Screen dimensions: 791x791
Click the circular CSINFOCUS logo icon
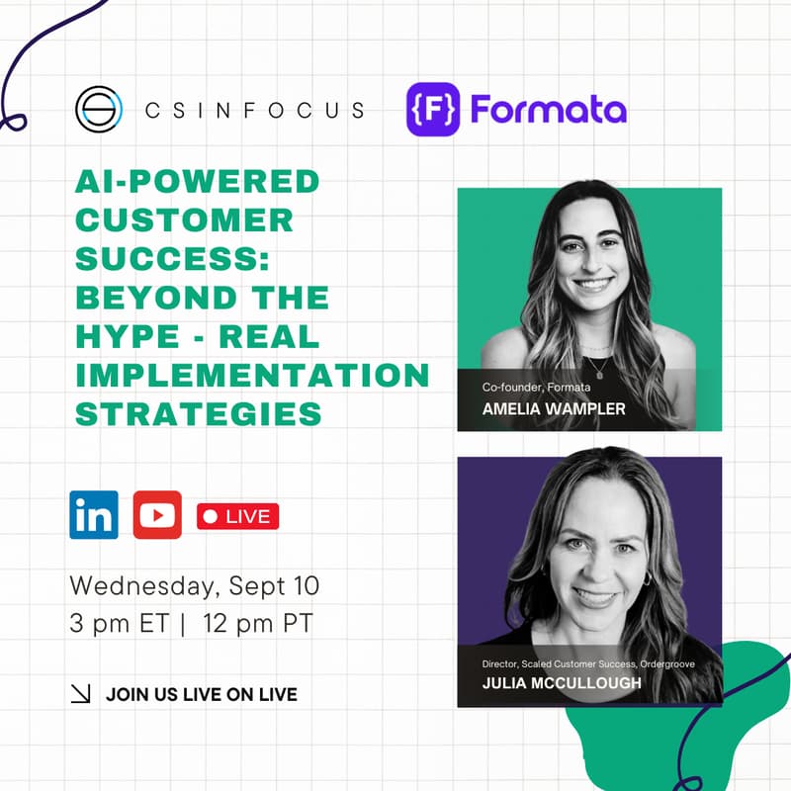pyautogui.click(x=98, y=110)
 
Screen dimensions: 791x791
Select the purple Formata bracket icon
pyautogui.click(x=433, y=109)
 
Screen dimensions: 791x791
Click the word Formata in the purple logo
pyautogui.click(x=548, y=109)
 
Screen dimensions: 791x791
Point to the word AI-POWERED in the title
pyautogui.click(x=198, y=182)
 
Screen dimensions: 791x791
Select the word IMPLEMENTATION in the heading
pyautogui.click(x=252, y=375)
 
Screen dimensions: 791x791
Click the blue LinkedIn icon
pyautogui.click(x=94, y=515)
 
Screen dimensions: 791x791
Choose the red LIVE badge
pyautogui.click(x=237, y=516)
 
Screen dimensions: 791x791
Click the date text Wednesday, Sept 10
pyautogui.click(x=194, y=585)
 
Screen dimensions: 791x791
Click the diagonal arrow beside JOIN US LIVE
pyautogui.click(x=81, y=695)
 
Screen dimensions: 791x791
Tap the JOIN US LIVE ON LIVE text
pyautogui.click(x=201, y=695)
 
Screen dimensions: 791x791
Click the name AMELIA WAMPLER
pyautogui.click(x=553, y=409)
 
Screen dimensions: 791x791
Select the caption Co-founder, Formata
pyautogui.click(x=536, y=387)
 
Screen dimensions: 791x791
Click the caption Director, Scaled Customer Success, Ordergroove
pyautogui.click(x=589, y=662)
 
